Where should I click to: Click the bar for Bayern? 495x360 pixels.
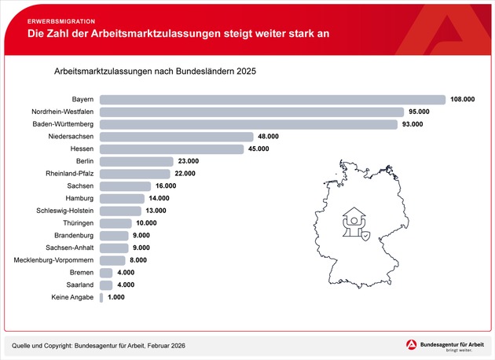(x=271, y=100)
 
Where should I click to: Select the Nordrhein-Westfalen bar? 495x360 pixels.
(x=251, y=112)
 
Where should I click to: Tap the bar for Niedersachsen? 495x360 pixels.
(x=177, y=137)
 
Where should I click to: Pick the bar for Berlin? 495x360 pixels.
(x=136, y=161)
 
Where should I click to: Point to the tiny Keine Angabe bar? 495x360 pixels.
(x=101, y=298)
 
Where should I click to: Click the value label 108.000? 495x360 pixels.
(x=463, y=100)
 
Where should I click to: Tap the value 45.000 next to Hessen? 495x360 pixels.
(x=258, y=149)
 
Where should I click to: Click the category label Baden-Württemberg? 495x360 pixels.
(x=63, y=124)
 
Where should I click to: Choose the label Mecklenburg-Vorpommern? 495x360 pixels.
(x=54, y=260)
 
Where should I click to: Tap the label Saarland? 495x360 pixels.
(x=79, y=285)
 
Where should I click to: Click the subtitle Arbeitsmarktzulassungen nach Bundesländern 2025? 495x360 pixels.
(x=155, y=71)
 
